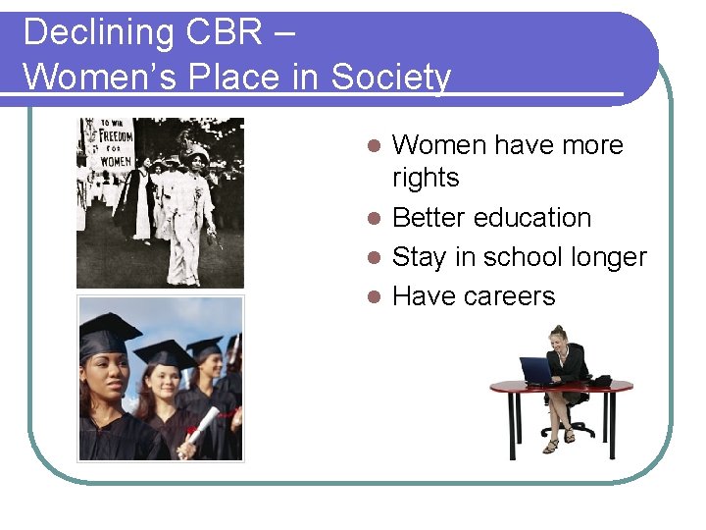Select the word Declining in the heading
tap(93, 32)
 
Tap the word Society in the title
tap(391, 77)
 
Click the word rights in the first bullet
tap(425, 178)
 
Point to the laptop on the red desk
tap(536, 370)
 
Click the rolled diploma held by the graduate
tap(203, 427)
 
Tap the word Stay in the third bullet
tap(421, 257)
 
